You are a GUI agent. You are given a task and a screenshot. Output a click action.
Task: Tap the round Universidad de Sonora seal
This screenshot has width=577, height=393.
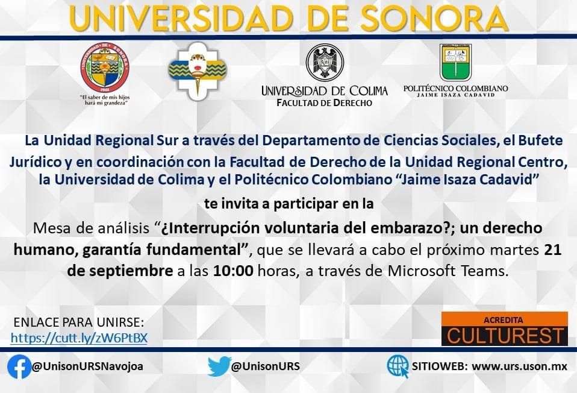pos(105,68)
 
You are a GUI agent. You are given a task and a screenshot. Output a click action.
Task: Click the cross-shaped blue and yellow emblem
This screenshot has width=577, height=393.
pos(198,71)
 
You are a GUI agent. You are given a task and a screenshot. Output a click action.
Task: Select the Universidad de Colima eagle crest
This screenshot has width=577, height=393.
pos(325,63)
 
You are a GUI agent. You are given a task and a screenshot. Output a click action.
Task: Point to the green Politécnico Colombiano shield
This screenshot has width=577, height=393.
pos(455,63)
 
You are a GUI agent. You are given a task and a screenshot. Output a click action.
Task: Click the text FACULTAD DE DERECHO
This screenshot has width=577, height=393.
pos(324,102)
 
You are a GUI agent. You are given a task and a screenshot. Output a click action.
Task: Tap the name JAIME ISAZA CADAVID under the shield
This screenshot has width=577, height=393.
pos(455,95)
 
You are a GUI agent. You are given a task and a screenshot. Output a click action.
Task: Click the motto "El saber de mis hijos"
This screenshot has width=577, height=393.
pos(105,98)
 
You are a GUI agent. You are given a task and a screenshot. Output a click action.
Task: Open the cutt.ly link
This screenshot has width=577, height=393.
pos(79,338)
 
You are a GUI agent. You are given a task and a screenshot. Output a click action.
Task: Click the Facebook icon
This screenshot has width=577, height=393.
pos(19,366)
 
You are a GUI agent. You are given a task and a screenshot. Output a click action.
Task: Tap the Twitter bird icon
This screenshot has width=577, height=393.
pos(219,366)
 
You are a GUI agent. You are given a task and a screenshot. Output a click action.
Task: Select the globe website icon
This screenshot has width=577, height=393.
pos(398,366)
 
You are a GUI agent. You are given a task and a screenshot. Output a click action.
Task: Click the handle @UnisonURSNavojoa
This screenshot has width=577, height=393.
pos(87,366)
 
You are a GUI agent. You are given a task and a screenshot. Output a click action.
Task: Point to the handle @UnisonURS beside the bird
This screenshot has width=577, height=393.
pos(266,366)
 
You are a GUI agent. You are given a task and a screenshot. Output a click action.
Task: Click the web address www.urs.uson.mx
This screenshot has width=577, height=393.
pos(519,366)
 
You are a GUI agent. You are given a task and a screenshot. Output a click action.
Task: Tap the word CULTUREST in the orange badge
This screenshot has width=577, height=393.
pos(505,336)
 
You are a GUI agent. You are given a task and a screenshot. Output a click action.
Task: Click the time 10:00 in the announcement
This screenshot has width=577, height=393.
pos(233,271)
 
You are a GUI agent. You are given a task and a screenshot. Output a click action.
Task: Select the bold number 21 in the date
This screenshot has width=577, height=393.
pos(553,250)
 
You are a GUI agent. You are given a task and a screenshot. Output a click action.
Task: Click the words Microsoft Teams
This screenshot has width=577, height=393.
pos(448,271)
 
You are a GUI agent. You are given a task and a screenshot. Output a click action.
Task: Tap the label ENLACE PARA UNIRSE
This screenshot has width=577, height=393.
pos(79,322)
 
